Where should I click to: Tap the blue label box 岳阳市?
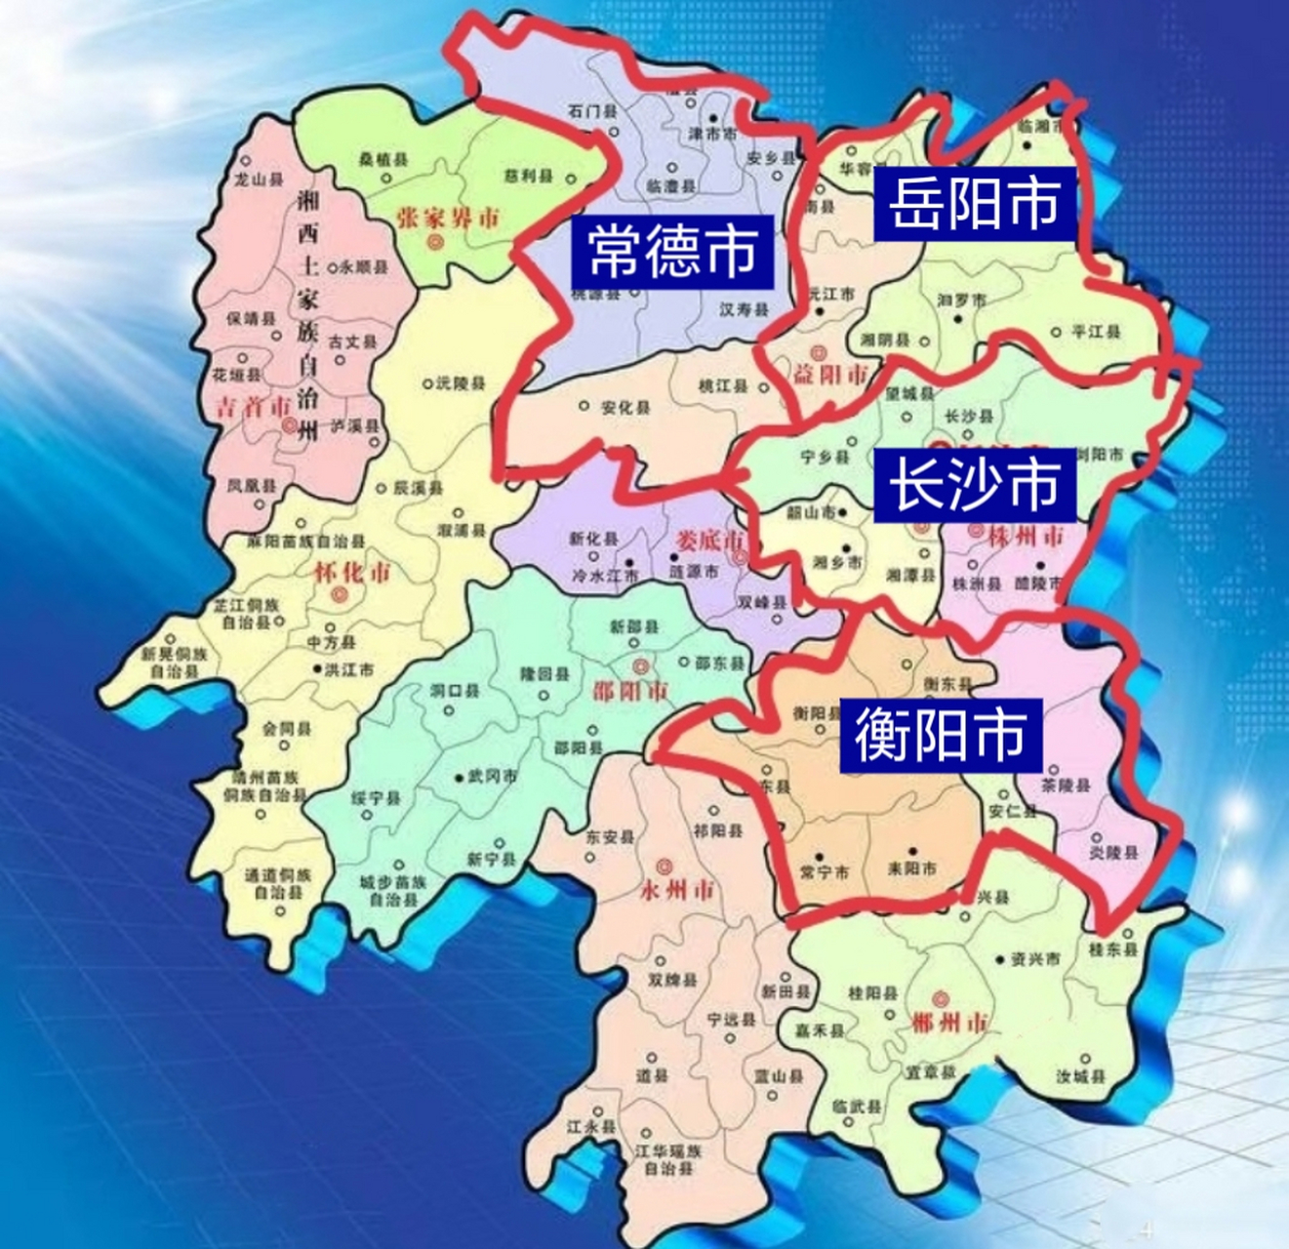coord(974,204)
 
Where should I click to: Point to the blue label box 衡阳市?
coord(941,735)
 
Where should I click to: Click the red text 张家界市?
coord(449,218)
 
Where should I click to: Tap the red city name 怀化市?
coord(351,572)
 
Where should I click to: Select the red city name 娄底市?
coord(709,540)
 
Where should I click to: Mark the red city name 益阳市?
coord(829,374)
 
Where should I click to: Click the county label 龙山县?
coord(259,181)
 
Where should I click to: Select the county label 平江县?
coord(1097,332)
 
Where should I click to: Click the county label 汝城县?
coord(1081,1077)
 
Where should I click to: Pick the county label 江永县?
coord(591,1127)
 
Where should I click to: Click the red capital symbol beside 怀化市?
coord(338,594)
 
